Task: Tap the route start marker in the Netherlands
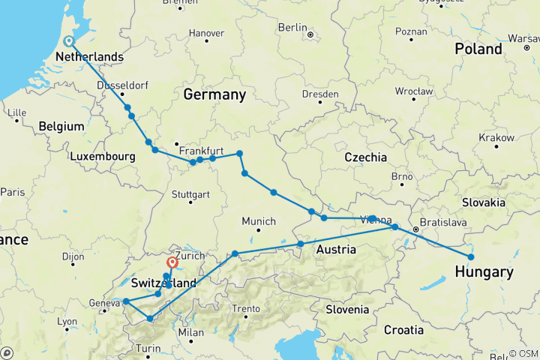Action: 68,42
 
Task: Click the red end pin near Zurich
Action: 172,263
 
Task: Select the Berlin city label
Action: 293,28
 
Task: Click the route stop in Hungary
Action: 471,257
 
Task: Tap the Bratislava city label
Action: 442,223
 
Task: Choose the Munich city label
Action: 259,221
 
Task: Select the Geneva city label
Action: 104,302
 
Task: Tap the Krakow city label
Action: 498,138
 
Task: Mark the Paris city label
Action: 13,191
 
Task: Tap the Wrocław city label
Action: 415,91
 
